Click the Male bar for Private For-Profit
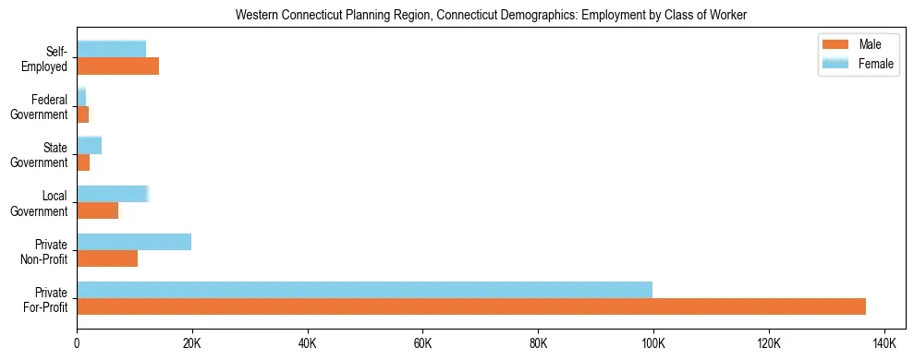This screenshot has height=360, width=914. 471,306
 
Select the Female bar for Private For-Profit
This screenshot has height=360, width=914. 364,290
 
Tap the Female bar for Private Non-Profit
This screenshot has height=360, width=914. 134,242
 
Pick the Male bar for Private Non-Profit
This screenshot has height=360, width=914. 107,258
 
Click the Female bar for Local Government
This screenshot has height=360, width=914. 112,194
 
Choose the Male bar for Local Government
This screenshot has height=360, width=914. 97,210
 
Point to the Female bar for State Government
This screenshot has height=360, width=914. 89,146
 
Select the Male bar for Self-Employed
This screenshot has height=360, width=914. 117,66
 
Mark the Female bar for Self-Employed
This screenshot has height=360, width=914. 111,49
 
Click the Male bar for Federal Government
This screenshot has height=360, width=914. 82,114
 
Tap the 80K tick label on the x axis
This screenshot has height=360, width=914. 538,343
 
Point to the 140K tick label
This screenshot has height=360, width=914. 884,343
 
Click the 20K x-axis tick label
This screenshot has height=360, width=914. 192,343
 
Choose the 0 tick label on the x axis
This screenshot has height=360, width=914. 77,343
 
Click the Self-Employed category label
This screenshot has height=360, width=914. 49,58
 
